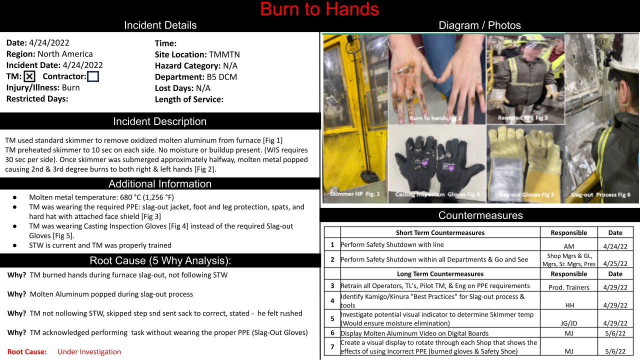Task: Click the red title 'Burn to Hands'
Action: pos(319,9)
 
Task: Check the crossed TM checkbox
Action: pos(29,76)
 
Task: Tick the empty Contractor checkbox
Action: pos(93,76)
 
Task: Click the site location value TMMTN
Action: pos(224,54)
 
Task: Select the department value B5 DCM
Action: pos(222,77)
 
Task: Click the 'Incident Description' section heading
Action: pos(159,121)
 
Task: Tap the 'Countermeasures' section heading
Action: pos(480,215)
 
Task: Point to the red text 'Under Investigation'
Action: pos(89,351)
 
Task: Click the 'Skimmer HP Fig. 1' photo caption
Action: pos(355,194)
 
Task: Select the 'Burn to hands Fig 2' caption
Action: pos(435,118)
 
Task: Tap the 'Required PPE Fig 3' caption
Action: pos(523,117)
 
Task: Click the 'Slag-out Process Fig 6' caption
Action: pos(600,195)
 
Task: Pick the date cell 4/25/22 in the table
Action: pos(615,263)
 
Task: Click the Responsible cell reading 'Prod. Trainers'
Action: pos(569,287)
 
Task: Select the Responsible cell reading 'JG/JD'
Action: pos(569,323)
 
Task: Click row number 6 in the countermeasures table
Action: pos(332,333)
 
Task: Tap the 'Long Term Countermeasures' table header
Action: pos(440,274)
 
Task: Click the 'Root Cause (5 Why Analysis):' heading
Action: pos(160,260)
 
